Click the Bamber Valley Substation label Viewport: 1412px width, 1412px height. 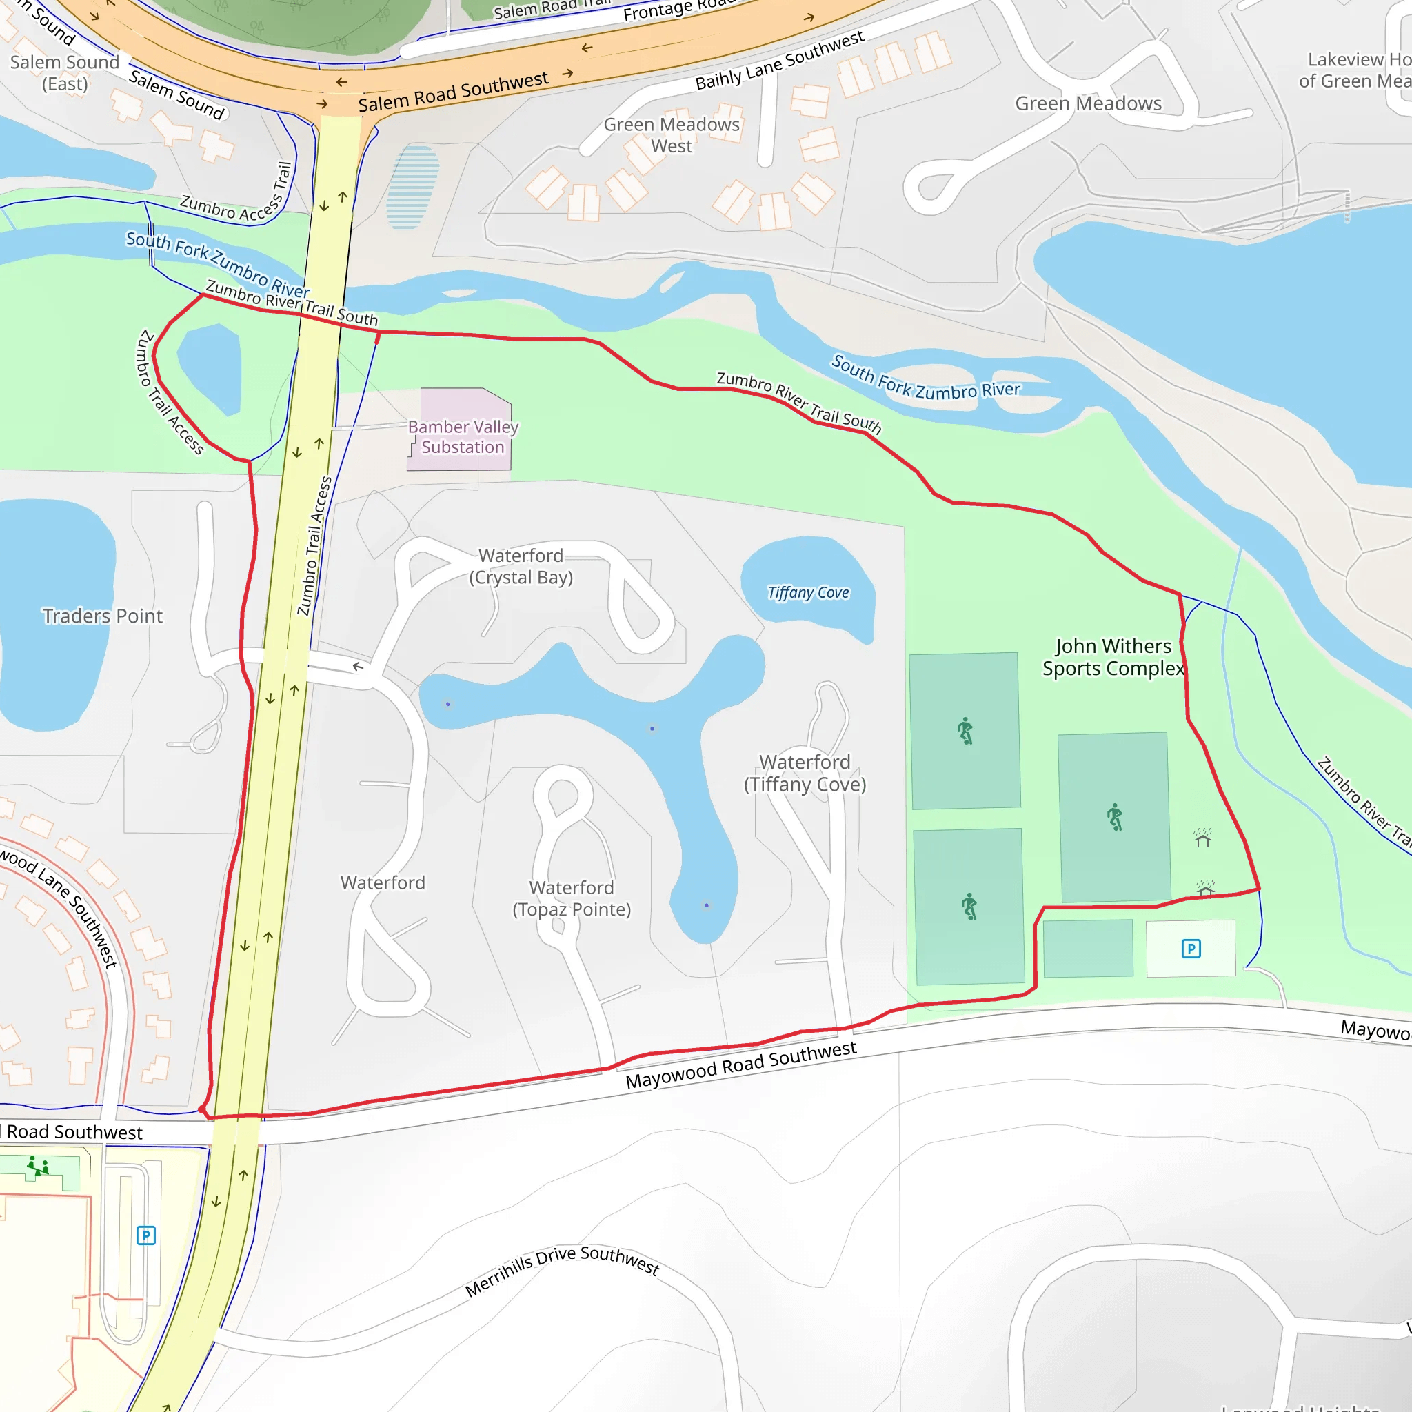click(463, 436)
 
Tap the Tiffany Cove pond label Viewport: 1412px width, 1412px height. click(807, 592)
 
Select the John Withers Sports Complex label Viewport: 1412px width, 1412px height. click(1113, 657)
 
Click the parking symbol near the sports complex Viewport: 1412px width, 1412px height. click(1191, 949)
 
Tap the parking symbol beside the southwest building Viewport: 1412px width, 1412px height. click(146, 1235)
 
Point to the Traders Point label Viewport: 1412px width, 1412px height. click(102, 616)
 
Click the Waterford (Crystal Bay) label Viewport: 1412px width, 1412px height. click(521, 567)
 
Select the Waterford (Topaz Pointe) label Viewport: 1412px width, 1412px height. click(572, 898)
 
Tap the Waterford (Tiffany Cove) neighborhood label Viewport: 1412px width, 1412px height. click(805, 772)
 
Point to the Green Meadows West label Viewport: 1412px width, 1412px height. click(672, 135)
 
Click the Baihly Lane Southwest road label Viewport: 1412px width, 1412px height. click(779, 61)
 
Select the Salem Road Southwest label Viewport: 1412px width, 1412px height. click(453, 92)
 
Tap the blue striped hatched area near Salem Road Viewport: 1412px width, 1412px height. click(412, 186)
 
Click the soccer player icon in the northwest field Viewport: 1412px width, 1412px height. click(965, 730)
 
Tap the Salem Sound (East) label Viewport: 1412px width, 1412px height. click(64, 73)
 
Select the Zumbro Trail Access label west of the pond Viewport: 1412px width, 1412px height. click(170, 392)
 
